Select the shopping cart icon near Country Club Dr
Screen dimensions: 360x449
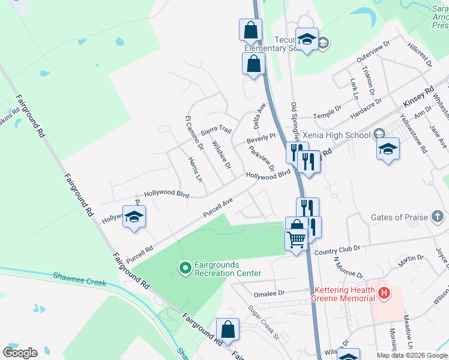(296, 241)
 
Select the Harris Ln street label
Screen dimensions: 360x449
(194, 170)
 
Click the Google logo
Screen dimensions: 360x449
(20, 353)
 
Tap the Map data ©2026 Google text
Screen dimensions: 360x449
(411, 355)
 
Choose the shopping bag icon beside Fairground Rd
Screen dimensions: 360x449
(228, 329)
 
